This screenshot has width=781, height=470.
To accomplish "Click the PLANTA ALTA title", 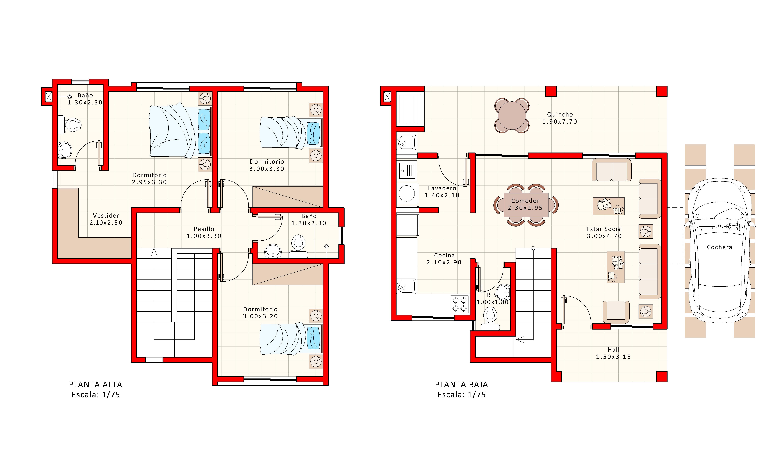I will (x=95, y=384).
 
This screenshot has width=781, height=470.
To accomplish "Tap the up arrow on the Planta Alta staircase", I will (x=154, y=253).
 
